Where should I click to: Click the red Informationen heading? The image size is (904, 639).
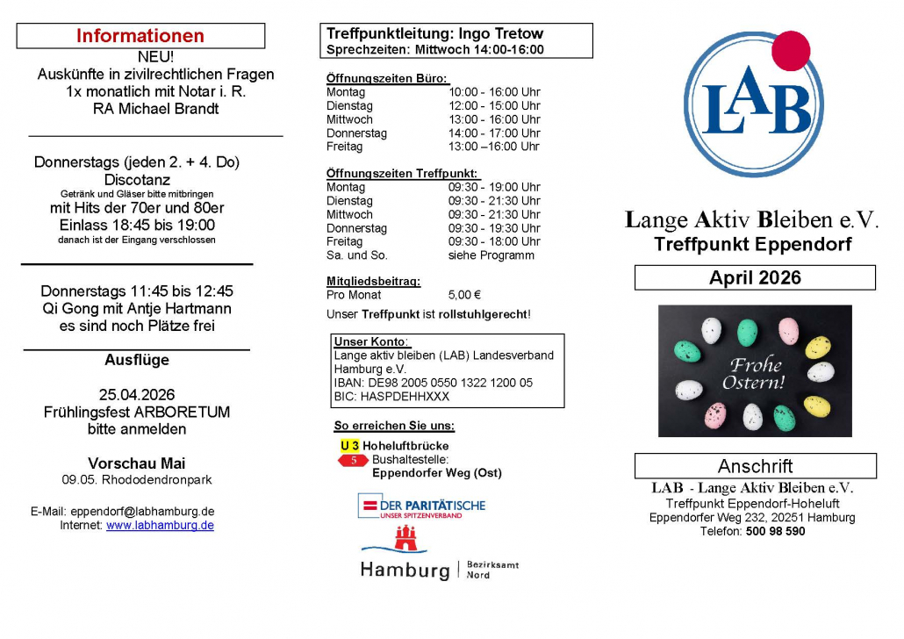point(140,36)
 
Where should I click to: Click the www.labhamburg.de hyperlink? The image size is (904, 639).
point(160,525)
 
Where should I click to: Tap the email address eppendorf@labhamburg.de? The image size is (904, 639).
point(142,512)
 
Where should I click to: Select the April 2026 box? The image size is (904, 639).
point(755,278)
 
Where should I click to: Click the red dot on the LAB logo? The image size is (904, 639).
point(792,50)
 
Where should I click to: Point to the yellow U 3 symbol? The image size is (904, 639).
point(349,446)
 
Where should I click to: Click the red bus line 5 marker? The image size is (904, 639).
point(354,460)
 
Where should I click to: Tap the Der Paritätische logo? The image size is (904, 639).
point(421,506)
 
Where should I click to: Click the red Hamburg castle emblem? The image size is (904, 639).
point(405,538)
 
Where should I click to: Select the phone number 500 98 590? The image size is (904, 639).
point(775,531)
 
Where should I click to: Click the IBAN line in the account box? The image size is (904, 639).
point(434,383)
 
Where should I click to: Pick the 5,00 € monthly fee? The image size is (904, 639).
point(464,295)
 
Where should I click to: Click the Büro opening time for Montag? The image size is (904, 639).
point(494,92)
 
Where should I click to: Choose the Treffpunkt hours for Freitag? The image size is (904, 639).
point(494,241)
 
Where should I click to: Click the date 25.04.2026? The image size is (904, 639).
point(137,394)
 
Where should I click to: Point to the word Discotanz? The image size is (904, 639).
point(137,180)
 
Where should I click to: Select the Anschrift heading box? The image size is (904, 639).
point(755,466)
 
